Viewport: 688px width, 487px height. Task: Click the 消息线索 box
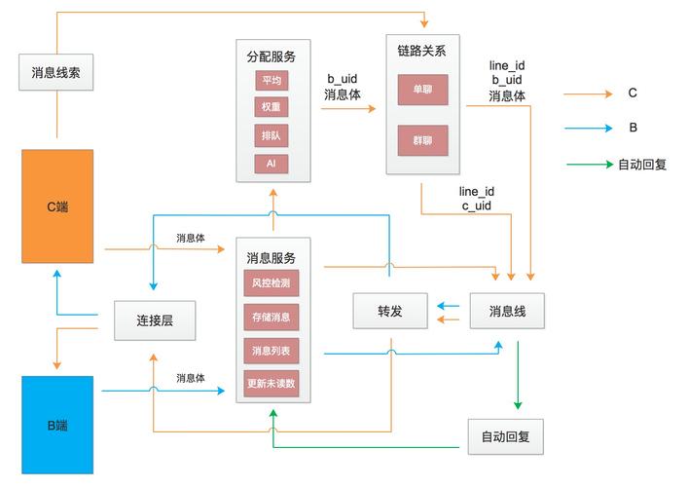tap(55, 72)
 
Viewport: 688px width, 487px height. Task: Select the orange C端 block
tap(57, 206)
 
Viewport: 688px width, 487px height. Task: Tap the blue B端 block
tap(57, 425)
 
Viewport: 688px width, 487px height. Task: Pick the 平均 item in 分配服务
tap(272, 80)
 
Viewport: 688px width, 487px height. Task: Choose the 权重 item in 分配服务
tap(272, 107)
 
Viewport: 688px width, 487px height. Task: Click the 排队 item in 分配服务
tap(272, 135)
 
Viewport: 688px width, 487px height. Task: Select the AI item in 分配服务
tap(272, 163)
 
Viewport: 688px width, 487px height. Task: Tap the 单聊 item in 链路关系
tap(422, 90)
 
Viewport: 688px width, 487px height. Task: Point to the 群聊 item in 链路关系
tap(422, 140)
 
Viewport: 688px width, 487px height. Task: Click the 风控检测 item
tap(272, 283)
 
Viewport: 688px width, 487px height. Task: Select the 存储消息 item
tap(272, 317)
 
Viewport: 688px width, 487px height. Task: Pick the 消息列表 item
tap(272, 350)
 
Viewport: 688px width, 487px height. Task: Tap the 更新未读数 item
tap(272, 383)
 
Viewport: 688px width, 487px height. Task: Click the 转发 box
tap(390, 311)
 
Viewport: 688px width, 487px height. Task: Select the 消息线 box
tap(506, 311)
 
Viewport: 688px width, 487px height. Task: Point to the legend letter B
tap(633, 128)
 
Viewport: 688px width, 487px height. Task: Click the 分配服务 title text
tap(272, 56)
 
